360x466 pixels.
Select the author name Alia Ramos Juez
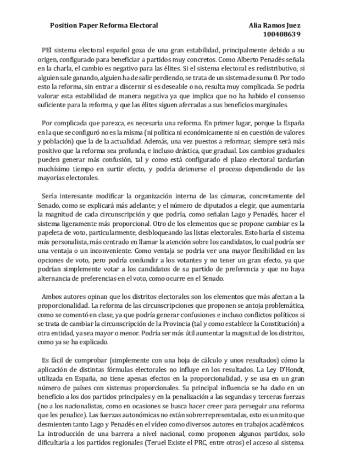[274, 25]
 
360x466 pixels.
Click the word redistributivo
[278, 68]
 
